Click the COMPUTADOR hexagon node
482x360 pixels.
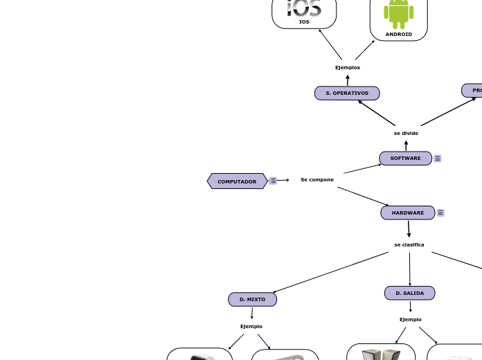pyautogui.click(x=237, y=181)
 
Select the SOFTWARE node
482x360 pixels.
pyautogui.click(x=405, y=159)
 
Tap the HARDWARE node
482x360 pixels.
pyautogui.click(x=407, y=213)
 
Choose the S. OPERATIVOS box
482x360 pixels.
pyautogui.click(x=347, y=93)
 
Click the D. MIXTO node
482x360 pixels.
pyautogui.click(x=252, y=300)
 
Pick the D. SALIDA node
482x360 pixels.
pyautogui.click(x=409, y=294)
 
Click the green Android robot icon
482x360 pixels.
pyautogui.click(x=399, y=13)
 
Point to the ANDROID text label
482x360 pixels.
pyautogui.click(x=399, y=34)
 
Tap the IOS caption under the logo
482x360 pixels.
pyautogui.click(x=304, y=22)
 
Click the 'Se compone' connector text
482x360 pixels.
pyautogui.click(x=317, y=180)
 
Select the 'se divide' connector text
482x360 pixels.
pyautogui.click(x=406, y=134)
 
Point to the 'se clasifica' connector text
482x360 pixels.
pyautogui.click(x=409, y=245)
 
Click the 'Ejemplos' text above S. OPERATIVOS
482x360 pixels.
pyautogui.click(x=348, y=68)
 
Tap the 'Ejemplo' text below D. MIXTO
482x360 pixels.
pyautogui.click(x=251, y=327)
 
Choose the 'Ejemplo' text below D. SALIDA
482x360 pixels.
pyautogui.click(x=411, y=320)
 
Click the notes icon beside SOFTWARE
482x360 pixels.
pyautogui.click(x=438, y=159)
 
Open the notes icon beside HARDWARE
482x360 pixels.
pyautogui.click(x=440, y=213)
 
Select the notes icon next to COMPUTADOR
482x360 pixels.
pyautogui.click(x=274, y=181)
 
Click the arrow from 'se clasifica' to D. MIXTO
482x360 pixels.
pyautogui.click(x=331, y=272)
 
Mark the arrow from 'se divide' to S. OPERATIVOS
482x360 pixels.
pyautogui.click(x=377, y=114)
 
